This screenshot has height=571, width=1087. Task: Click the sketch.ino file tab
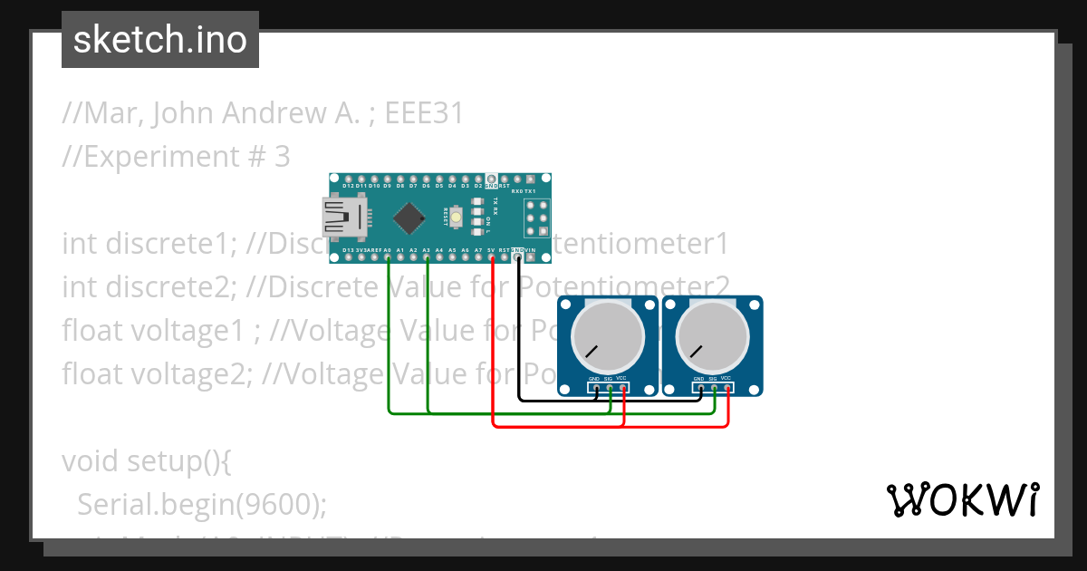[159, 40]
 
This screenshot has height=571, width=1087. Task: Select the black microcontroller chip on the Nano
[409, 218]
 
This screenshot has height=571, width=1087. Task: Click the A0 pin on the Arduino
[388, 257]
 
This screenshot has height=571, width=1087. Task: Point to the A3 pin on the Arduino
[427, 257]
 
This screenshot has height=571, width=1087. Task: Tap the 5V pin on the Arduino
[492, 257]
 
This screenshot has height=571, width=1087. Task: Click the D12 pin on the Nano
[349, 179]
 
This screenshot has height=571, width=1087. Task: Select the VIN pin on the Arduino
[531, 257]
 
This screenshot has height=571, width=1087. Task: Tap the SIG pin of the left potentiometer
[610, 388]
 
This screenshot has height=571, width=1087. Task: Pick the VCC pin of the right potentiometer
[728, 388]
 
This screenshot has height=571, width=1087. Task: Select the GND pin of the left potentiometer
[595, 388]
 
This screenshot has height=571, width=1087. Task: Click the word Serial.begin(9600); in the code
[201, 505]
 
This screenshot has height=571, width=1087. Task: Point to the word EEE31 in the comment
[424, 113]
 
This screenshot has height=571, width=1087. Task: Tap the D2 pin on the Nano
[477, 179]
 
